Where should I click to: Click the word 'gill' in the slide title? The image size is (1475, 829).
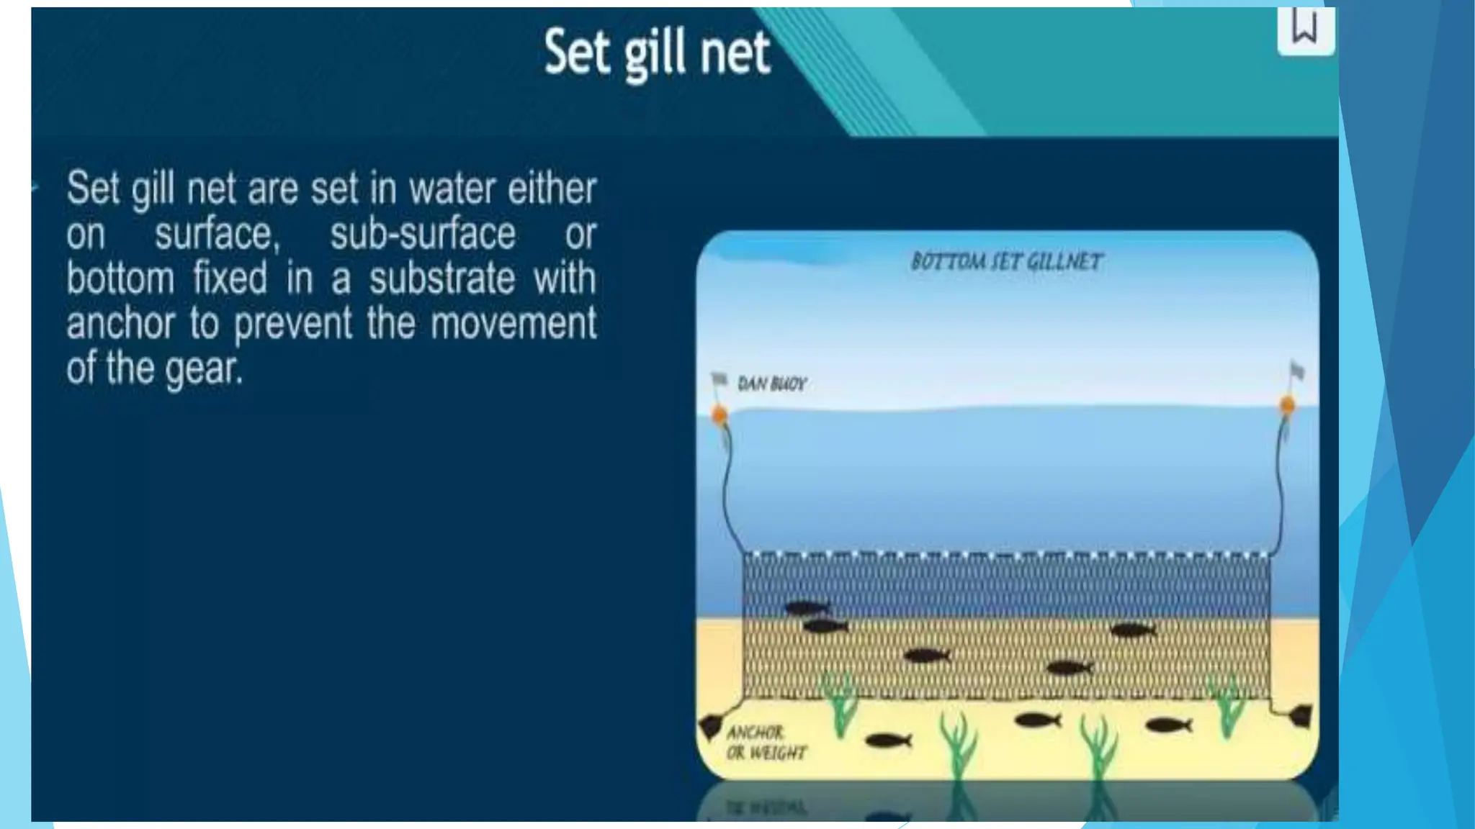[655, 55]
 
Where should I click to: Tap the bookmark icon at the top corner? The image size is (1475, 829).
[1304, 29]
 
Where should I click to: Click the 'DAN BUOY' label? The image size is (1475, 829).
[772, 384]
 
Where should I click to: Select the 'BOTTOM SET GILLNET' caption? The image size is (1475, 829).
[1006, 261]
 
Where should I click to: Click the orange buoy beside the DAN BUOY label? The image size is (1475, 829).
[719, 414]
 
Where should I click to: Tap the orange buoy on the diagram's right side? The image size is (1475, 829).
[1288, 405]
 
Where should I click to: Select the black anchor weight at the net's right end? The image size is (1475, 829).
[1300, 715]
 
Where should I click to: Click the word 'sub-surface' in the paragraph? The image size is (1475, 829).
[423, 234]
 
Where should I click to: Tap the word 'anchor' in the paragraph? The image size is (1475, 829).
[120, 324]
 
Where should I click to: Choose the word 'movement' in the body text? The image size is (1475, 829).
[514, 323]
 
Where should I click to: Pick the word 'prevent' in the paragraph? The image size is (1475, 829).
[293, 324]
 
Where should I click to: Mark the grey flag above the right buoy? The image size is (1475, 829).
[1297, 371]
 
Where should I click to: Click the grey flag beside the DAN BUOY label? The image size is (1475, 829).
[719, 379]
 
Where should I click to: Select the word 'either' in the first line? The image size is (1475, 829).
[552, 189]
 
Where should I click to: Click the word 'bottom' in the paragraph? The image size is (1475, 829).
[120, 278]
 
